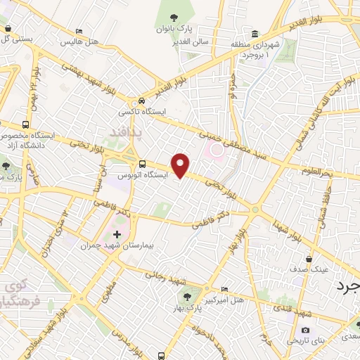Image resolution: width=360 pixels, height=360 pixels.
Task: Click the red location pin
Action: [181, 165]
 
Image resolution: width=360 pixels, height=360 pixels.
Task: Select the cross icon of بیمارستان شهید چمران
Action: [117, 233]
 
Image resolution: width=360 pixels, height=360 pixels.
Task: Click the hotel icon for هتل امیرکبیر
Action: [224, 290]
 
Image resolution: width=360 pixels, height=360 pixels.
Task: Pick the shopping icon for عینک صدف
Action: [309, 258]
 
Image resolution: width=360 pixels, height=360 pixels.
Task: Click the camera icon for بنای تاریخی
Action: [304, 330]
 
